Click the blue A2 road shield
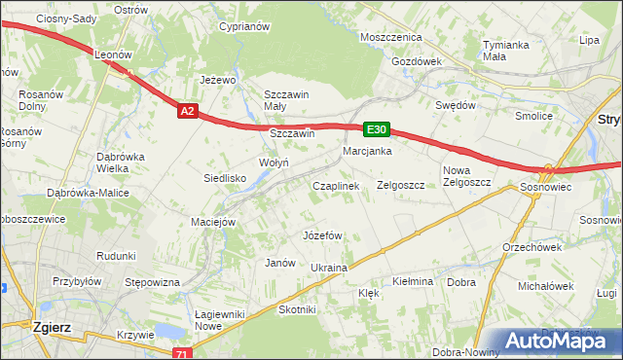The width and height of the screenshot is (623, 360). pos(189,112)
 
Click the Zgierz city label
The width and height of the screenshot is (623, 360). pos(50,328)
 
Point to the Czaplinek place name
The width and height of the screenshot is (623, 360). pos(336,185)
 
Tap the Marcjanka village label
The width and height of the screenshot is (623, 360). pos(367,151)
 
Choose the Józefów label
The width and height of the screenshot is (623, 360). pos(322,235)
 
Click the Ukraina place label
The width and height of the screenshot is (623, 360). pos(329,268)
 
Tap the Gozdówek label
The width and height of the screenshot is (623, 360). pos(417,60)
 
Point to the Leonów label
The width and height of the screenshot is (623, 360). pos(113,55)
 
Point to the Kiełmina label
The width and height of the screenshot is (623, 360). pos(412,281)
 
